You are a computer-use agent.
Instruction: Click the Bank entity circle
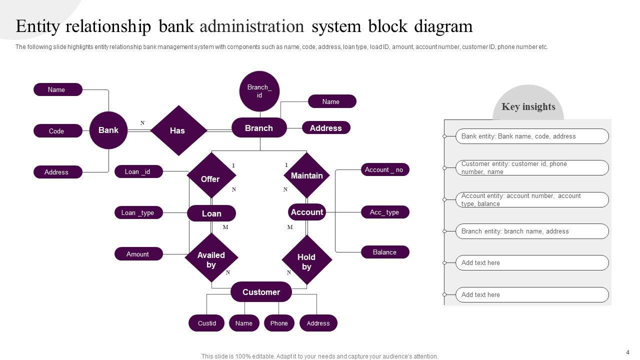pyautogui.click(x=108, y=130)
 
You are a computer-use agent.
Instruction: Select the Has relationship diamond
pyautogui.click(x=178, y=130)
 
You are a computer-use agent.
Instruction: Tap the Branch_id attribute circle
pyautogui.click(x=259, y=91)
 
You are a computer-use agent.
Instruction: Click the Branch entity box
pyautogui.click(x=259, y=128)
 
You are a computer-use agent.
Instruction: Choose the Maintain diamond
pyautogui.click(x=306, y=175)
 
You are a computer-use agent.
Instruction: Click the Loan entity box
pyautogui.click(x=211, y=213)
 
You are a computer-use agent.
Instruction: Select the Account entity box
pyautogui.click(x=307, y=212)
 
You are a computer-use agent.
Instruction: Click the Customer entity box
pyautogui.click(x=261, y=292)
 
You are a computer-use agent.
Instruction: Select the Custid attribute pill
pyautogui.click(x=207, y=323)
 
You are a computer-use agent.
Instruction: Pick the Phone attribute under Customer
pyautogui.click(x=279, y=323)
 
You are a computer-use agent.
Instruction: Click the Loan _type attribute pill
pyautogui.click(x=138, y=212)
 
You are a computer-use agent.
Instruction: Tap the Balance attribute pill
pyautogui.click(x=385, y=252)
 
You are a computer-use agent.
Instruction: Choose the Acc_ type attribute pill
pyautogui.click(x=385, y=212)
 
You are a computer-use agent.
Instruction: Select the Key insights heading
pyautogui.click(x=528, y=106)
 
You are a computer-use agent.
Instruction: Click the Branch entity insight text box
pyautogui.click(x=532, y=231)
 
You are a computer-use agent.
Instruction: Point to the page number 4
pyautogui.click(x=627, y=352)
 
